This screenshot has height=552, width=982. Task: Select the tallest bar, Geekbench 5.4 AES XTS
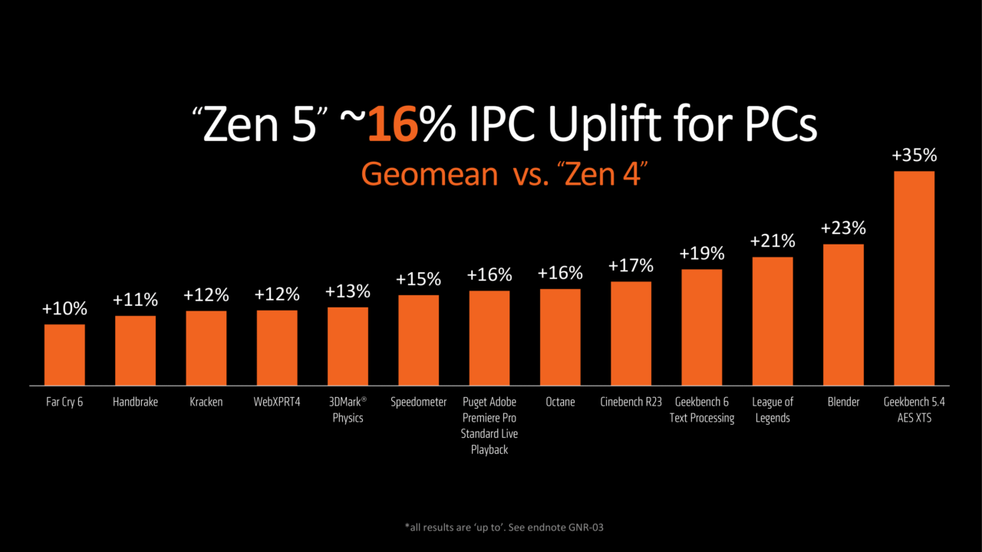914,278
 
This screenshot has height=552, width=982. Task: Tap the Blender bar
843,314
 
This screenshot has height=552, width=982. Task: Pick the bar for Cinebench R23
631,333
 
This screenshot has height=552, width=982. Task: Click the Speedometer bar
418,340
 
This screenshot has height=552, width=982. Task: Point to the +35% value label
914,156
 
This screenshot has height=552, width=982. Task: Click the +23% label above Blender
843,228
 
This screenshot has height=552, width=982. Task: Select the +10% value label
64,310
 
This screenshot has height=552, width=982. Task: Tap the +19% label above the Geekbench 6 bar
701,254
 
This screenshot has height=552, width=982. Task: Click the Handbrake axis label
135,402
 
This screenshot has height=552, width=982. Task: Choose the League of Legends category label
772,409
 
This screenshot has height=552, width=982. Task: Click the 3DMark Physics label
348,409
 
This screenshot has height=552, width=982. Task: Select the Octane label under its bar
560,402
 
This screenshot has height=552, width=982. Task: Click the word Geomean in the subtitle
429,174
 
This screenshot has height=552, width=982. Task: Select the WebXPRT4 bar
277,347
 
